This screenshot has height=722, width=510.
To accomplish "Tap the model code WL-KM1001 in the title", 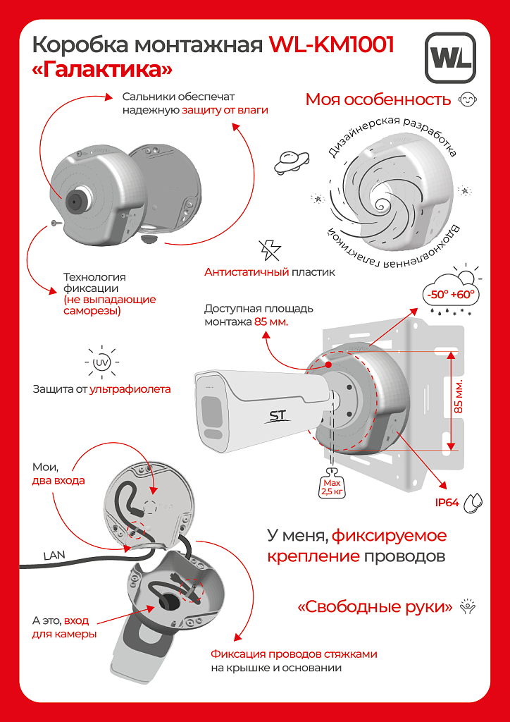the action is click(331, 45).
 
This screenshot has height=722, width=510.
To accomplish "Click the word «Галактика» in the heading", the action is click(103, 71).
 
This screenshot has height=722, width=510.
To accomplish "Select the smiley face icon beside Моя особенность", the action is click(466, 99).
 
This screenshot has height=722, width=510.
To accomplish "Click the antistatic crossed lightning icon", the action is click(269, 250).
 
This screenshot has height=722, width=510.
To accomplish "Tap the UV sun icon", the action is click(101, 362).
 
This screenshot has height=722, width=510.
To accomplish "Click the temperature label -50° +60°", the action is click(450, 293).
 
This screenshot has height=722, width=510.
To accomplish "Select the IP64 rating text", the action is click(447, 503).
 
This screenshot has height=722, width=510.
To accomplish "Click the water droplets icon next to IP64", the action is click(477, 501).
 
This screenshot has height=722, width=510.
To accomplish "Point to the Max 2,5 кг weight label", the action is click(332, 487).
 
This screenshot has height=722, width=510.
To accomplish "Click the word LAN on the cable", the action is click(54, 555).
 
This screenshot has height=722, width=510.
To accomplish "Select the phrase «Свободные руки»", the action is click(375, 606).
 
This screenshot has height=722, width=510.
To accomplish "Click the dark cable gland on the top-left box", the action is click(75, 200).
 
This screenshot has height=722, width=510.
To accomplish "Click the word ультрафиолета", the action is click(130, 389).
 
